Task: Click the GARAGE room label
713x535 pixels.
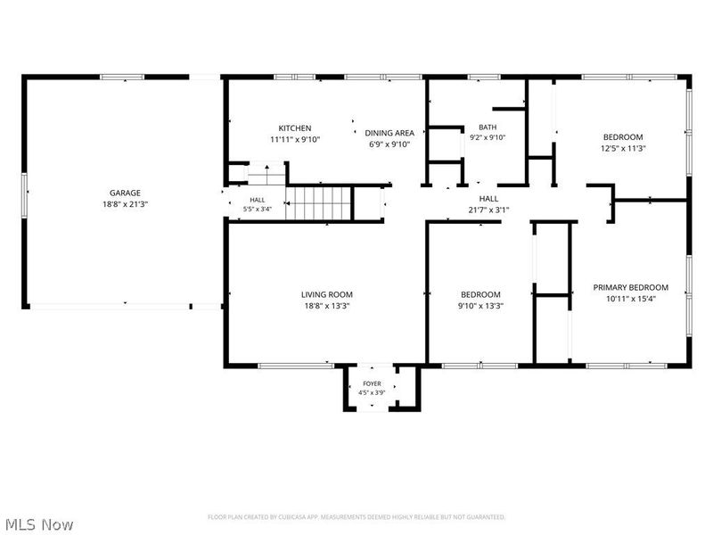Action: (x=125, y=193)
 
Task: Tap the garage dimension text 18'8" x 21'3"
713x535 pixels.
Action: (x=125, y=204)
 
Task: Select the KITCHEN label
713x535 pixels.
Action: (x=295, y=128)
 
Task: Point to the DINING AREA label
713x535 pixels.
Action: (x=389, y=133)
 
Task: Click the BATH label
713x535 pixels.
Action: (x=488, y=128)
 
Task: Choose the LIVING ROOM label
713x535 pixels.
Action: (x=327, y=295)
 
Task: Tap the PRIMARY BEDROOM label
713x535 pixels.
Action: (x=631, y=287)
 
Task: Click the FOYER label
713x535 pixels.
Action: (x=372, y=383)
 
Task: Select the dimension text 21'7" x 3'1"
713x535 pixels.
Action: (x=488, y=210)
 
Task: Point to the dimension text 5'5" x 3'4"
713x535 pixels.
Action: (x=258, y=210)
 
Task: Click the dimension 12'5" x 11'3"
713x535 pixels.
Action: (x=623, y=148)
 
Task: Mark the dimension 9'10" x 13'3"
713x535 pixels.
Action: (x=480, y=306)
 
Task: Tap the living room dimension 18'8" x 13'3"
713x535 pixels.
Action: (x=327, y=306)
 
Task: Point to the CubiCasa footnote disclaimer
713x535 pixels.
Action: (x=356, y=517)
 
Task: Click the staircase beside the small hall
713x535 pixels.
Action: (x=319, y=203)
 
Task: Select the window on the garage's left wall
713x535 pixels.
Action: (x=25, y=195)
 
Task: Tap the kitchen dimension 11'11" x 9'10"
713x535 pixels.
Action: (x=295, y=140)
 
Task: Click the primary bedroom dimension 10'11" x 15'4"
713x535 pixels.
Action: (x=631, y=299)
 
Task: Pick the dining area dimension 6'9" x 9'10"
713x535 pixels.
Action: (x=389, y=144)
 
